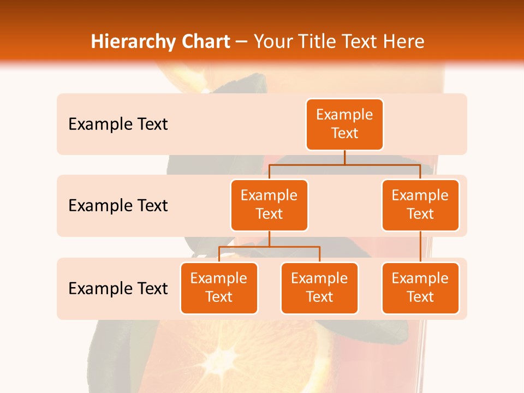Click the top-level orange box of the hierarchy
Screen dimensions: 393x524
click(344, 124)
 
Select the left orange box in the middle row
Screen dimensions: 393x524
click(269, 205)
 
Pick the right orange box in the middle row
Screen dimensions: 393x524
click(420, 205)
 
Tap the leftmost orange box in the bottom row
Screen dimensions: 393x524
click(219, 288)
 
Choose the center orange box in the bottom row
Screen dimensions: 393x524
click(319, 288)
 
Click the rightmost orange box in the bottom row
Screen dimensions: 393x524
click(420, 288)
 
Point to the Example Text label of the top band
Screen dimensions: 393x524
click(118, 124)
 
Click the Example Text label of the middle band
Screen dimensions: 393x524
click(118, 206)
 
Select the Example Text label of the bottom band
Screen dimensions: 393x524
click(118, 288)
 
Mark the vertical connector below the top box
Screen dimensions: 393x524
click(344, 157)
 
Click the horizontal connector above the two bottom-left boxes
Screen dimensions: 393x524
click(269, 247)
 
